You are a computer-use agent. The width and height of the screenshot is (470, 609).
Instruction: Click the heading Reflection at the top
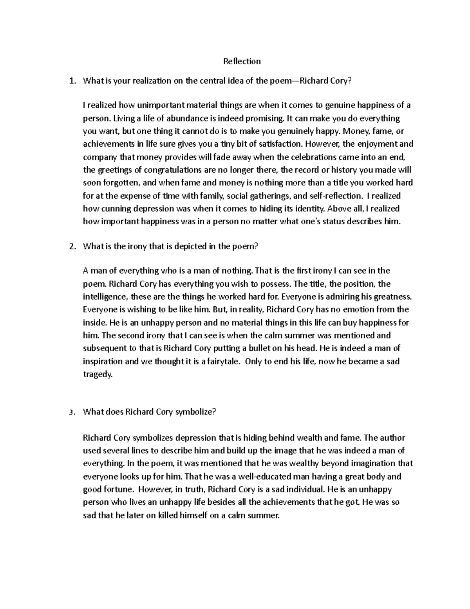pos(242,61)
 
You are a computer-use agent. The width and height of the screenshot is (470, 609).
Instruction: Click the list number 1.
pos(71,81)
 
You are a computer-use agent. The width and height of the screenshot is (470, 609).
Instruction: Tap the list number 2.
pos(71,247)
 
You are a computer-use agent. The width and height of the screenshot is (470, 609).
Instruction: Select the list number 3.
pos(71,412)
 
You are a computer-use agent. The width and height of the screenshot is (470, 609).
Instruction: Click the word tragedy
pos(97,374)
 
